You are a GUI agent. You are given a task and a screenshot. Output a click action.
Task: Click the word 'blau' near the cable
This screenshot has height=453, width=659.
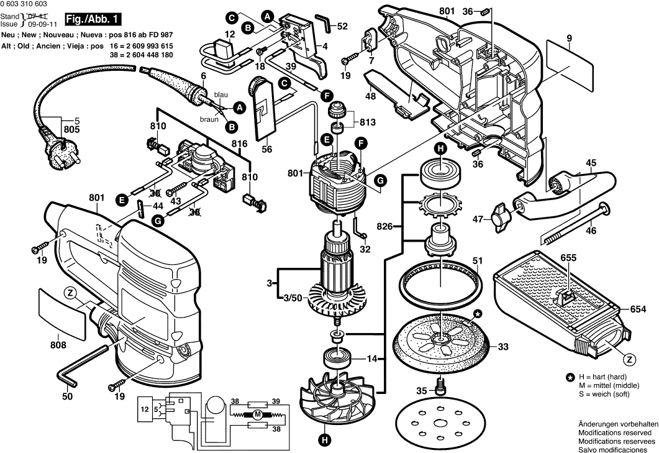(221, 94)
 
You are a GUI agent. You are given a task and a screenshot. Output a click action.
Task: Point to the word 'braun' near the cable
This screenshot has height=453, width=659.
(209, 119)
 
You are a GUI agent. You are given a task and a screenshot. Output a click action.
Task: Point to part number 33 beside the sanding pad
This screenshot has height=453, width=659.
(503, 347)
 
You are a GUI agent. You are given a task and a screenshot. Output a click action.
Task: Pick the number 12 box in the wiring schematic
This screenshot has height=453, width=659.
(145, 410)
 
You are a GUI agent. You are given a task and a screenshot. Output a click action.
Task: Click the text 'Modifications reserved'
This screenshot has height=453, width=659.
(614, 432)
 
